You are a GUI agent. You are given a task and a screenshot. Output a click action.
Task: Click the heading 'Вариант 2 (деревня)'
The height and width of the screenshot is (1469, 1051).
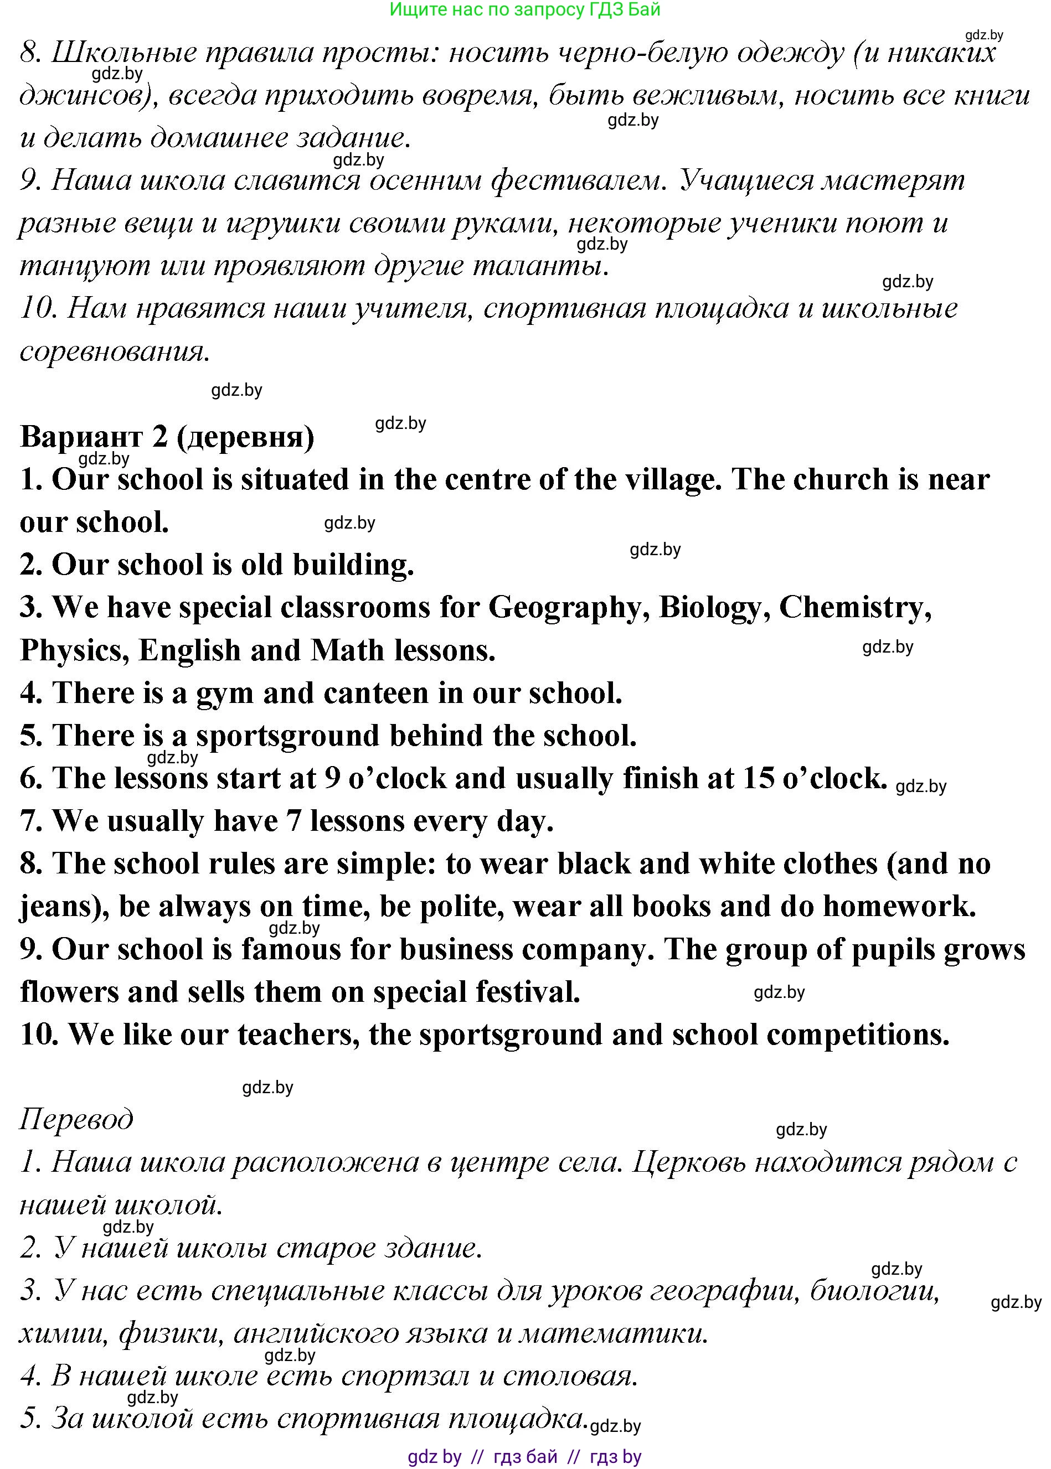[167, 437]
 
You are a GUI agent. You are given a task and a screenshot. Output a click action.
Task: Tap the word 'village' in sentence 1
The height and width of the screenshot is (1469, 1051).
[673, 480]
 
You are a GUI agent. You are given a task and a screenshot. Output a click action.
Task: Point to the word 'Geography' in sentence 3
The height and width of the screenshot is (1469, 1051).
[569, 609]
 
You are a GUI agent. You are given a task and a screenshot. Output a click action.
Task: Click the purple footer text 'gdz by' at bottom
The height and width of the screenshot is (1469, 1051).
[434, 1457]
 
